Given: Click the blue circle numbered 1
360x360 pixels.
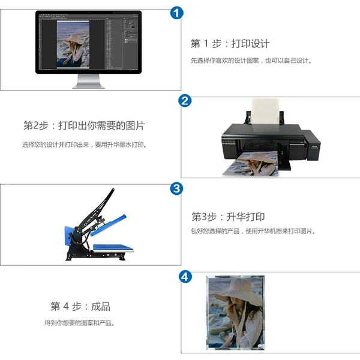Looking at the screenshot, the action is (x=176, y=13).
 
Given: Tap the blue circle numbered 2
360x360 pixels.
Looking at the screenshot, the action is (x=185, y=101).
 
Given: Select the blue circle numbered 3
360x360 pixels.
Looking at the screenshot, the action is (x=176, y=188).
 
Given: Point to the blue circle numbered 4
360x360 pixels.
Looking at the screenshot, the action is (x=185, y=277).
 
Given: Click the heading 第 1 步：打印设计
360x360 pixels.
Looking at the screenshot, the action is (x=230, y=44).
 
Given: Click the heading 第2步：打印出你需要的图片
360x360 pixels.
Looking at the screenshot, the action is (x=84, y=125).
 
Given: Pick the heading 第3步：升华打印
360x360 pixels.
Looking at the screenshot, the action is (x=228, y=217).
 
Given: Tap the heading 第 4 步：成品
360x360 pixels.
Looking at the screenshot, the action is (x=80, y=306).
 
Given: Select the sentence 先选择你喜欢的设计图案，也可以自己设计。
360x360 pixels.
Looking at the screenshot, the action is (x=251, y=61).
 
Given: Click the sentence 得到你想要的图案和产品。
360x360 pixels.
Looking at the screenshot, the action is (x=79, y=323).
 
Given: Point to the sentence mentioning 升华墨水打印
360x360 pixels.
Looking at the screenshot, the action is (x=85, y=145).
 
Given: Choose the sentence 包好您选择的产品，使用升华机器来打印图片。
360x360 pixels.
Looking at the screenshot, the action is (x=253, y=231).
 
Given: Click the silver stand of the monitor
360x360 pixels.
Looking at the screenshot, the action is (x=88, y=81).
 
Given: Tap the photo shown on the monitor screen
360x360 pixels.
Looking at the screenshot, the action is (x=73, y=44).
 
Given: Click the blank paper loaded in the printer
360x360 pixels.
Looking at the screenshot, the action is (x=265, y=112).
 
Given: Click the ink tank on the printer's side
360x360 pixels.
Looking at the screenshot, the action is (x=311, y=145).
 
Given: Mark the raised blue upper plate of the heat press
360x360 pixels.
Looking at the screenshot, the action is (x=108, y=225).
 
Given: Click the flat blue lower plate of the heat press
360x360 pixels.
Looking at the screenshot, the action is (x=113, y=248).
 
